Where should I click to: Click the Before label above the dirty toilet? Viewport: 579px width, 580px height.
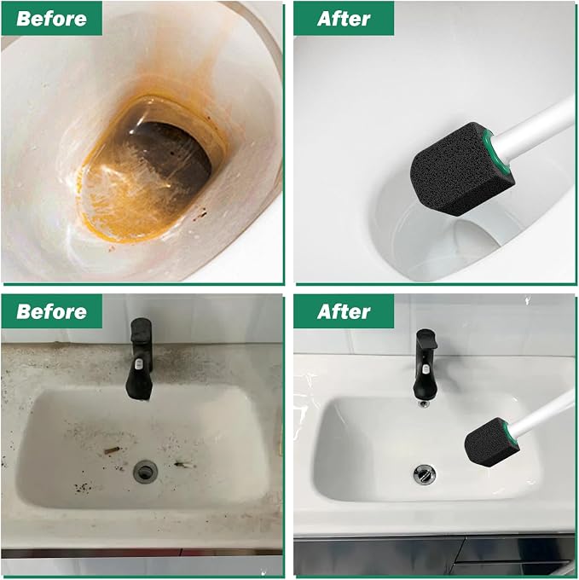51,19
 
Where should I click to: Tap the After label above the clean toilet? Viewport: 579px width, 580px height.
344,19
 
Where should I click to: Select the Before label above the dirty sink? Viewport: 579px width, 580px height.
51,311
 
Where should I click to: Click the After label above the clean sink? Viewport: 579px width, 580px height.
344,311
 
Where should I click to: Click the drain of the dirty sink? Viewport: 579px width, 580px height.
145,471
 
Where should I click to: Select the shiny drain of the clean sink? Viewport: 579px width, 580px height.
424,474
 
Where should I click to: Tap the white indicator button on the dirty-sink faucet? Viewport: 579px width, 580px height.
138,363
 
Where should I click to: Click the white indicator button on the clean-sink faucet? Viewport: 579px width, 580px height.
426,368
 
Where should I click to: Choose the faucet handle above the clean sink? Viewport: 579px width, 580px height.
426,338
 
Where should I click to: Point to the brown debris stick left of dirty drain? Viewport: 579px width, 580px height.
112,450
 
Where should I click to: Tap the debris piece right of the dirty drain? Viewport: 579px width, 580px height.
183,464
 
